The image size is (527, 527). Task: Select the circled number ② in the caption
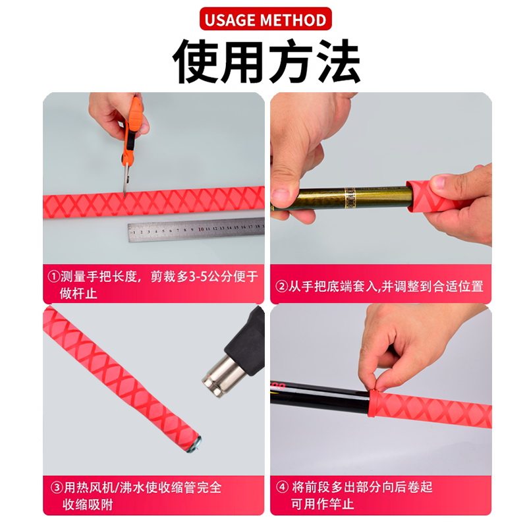tap(281, 287)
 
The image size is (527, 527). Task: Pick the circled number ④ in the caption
tap(282, 488)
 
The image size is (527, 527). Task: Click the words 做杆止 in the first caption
tap(78, 294)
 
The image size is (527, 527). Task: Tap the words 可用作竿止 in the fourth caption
tap(323, 505)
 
